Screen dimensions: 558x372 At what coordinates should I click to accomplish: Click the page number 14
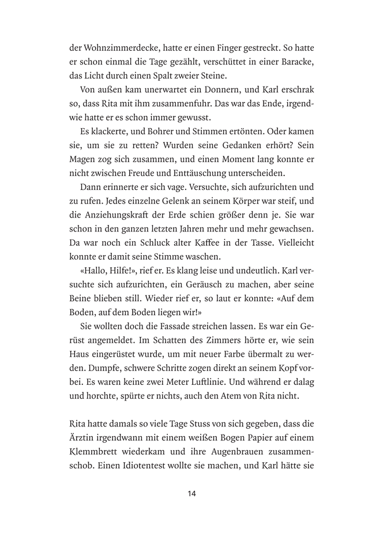[x=191, y=493]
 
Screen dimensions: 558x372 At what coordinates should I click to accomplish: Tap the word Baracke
[x=292, y=62]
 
